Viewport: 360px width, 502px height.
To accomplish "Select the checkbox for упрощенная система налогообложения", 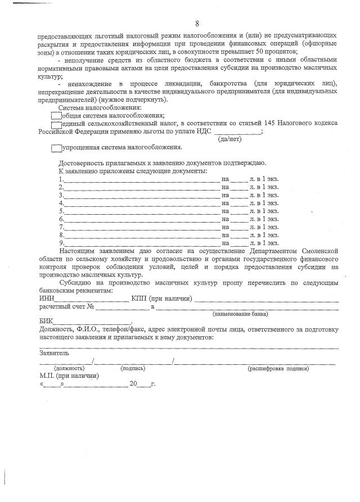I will click(56, 148).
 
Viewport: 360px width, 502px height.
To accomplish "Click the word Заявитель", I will click(55, 353).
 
